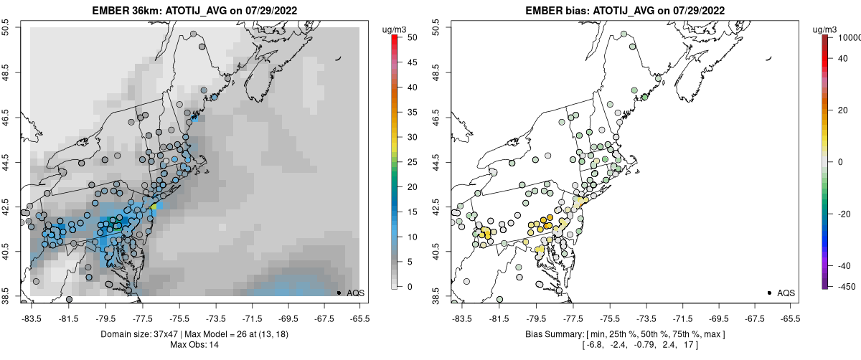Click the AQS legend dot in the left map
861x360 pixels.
point(339,293)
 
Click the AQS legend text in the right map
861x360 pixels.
point(786,293)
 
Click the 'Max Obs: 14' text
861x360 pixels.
point(195,345)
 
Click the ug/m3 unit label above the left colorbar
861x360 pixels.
point(395,29)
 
